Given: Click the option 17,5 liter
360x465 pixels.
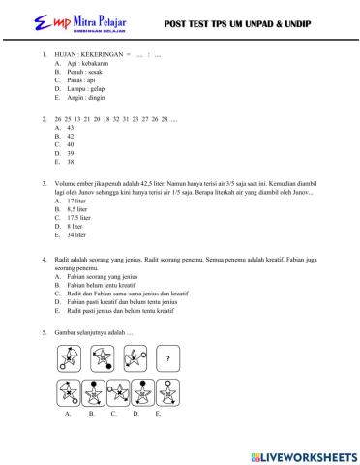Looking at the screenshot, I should tap(76, 246).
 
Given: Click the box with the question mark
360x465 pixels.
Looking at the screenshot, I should tap(170, 361).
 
